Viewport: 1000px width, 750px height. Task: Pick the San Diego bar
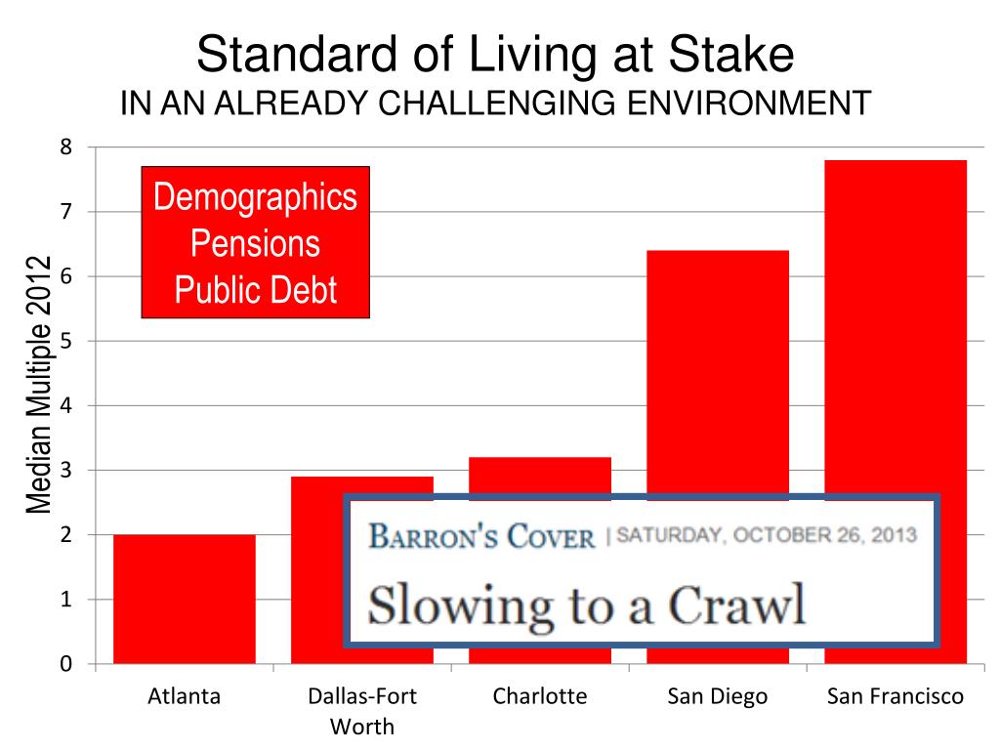pyautogui.click(x=718, y=371)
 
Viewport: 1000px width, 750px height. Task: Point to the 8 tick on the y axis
pyautogui.click(x=66, y=147)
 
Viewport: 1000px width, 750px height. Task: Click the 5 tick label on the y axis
pyautogui.click(x=66, y=341)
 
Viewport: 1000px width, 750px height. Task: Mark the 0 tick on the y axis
pyautogui.click(x=66, y=664)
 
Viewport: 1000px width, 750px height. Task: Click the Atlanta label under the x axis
pyautogui.click(x=184, y=696)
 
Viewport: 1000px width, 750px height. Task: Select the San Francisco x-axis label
pyautogui.click(x=896, y=696)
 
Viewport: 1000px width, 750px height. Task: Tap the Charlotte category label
pyautogui.click(x=539, y=696)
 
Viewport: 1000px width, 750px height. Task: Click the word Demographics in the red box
pyautogui.click(x=256, y=197)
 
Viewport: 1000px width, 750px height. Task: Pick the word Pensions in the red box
pyautogui.click(x=256, y=243)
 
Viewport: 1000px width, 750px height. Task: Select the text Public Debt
pyautogui.click(x=256, y=289)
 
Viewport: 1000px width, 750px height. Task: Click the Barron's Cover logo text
pyautogui.click(x=481, y=536)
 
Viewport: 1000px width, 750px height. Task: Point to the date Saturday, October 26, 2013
pyautogui.click(x=767, y=535)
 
